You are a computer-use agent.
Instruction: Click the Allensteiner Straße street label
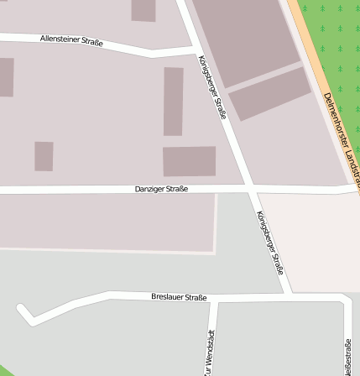point(71,39)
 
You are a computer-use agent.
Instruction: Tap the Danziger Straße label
point(161,189)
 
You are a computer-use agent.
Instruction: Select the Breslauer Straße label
point(179,296)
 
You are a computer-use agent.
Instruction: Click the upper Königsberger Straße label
point(212,86)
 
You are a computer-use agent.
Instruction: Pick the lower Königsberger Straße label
point(270,242)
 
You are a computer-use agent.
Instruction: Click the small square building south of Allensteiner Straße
point(44,155)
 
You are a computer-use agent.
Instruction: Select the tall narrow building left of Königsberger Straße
point(173,101)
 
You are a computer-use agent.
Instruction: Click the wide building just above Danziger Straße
point(189,161)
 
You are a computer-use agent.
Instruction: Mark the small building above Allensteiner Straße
point(143,9)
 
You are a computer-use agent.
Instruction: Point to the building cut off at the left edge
point(6,77)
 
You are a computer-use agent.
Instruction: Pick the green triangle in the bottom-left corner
point(4,371)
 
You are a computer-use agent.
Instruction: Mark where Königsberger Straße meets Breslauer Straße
point(290,295)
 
